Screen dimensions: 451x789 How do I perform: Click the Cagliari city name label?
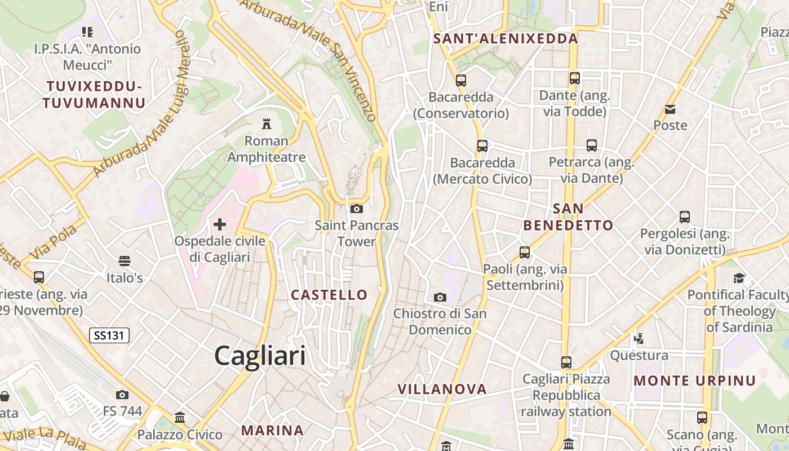click(x=260, y=356)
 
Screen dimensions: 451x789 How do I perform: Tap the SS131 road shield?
click(x=109, y=335)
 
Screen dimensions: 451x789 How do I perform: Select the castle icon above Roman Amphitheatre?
click(x=267, y=123)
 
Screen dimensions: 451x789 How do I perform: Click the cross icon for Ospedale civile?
click(x=220, y=224)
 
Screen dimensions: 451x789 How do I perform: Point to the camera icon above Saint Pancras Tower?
click(x=356, y=209)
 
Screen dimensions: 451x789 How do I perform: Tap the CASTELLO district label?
click(x=329, y=294)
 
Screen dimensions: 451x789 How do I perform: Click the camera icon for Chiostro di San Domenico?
click(x=440, y=297)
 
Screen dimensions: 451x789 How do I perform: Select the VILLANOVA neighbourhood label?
click(x=442, y=389)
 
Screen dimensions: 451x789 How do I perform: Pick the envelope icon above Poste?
click(x=670, y=109)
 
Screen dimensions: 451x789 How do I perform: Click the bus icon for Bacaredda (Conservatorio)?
click(x=461, y=80)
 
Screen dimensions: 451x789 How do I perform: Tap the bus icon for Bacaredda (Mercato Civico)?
click(x=482, y=146)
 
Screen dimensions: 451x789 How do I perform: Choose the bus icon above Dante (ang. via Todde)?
click(x=574, y=78)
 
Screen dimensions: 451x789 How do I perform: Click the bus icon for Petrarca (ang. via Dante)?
click(x=591, y=145)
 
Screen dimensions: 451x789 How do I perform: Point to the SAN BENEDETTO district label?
click(x=568, y=217)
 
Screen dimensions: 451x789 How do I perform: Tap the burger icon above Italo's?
click(x=125, y=261)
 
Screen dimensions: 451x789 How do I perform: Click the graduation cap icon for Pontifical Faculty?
click(x=739, y=277)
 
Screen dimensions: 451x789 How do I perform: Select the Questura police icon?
click(x=639, y=338)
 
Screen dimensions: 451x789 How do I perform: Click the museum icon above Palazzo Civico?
click(x=180, y=418)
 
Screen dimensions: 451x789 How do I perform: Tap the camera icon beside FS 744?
click(x=122, y=395)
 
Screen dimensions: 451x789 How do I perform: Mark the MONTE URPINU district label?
click(x=694, y=381)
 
